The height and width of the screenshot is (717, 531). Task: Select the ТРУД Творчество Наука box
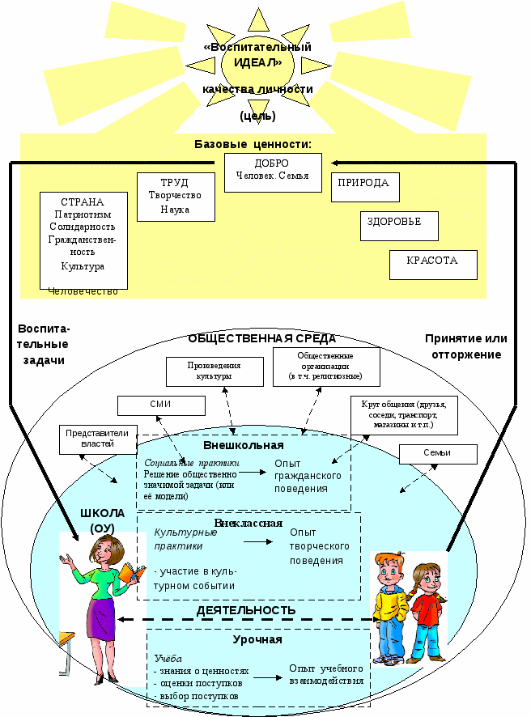[176, 197]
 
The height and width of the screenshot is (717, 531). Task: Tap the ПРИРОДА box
[365, 187]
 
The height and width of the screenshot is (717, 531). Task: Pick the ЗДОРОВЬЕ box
[398, 226]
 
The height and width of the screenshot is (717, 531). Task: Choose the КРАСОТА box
[433, 265]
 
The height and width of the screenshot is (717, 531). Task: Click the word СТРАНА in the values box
[83, 202]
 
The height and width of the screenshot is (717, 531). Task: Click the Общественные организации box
[325, 367]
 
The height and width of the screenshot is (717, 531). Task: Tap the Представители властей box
[97, 438]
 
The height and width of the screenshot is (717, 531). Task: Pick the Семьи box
[437, 453]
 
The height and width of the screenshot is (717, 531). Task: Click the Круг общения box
[404, 413]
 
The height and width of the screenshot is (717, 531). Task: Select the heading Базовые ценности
[253, 144]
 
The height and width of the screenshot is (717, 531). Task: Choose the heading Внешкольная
[243, 445]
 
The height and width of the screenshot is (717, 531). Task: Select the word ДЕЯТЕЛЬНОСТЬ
[246, 610]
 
